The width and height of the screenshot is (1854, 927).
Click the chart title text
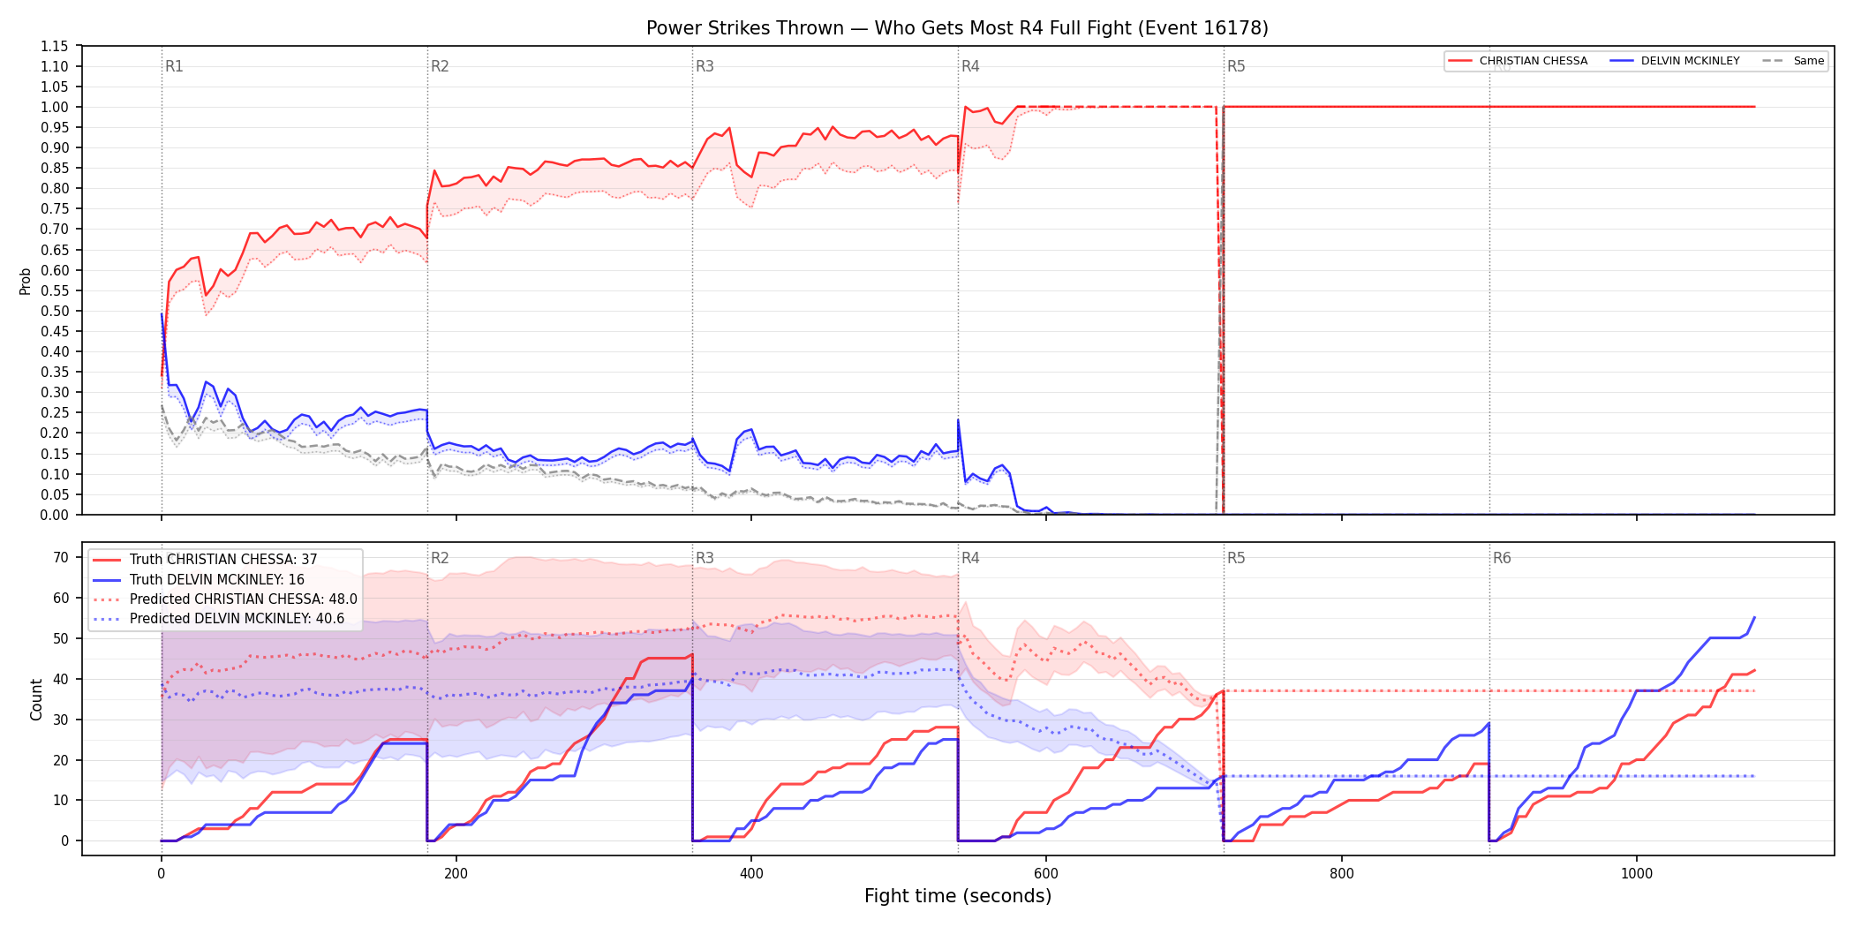click(957, 28)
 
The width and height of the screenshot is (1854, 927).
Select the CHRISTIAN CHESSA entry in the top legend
click(1518, 61)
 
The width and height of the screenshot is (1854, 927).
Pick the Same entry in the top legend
click(1793, 61)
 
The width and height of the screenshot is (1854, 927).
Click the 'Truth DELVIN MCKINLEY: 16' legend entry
click(199, 580)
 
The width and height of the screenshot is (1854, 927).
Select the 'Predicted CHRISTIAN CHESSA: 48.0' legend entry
click(225, 599)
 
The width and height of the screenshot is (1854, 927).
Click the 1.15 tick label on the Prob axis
click(55, 46)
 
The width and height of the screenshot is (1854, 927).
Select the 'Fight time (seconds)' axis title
click(958, 896)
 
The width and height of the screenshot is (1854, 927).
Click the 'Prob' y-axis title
click(26, 281)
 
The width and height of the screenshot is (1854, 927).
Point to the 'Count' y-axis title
click(36, 699)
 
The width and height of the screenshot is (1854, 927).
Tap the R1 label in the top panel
click(174, 66)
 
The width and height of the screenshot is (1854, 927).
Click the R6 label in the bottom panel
click(1502, 558)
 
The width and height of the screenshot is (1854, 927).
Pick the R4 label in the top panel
click(970, 66)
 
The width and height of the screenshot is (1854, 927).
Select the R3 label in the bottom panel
click(705, 558)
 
